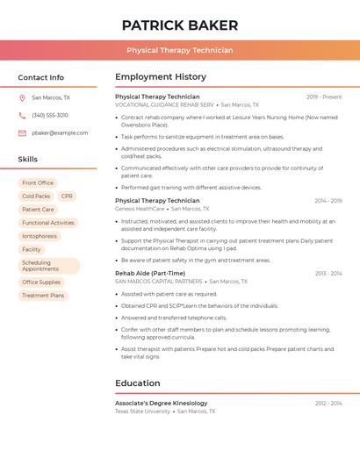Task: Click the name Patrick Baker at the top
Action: pyautogui.click(x=179, y=25)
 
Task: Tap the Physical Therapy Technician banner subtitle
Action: pyautogui.click(x=179, y=50)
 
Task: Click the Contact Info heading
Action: pyautogui.click(x=40, y=77)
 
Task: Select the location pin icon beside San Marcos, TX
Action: pyautogui.click(x=22, y=97)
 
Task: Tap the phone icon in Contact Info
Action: pyautogui.click(x=22, y=115)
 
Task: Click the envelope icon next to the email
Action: pyautogui.click(x=22, y=132)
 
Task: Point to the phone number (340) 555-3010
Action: pyautogui.click(x=50, y=115)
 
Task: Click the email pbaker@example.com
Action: pyautogui.click(x=60, y=132)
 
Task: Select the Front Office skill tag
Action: pyautogui.click(x=38, y=182)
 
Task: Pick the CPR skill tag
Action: pyautogui.click(x=67, y=196)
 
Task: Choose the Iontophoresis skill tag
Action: pyautogui.click(x=40, y=236)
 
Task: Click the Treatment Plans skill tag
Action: pyautogui.click(x=43, y=296)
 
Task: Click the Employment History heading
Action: pyautogui.click(x=160, y=77)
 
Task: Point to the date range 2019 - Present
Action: pyautogui.click(x=324, y=97)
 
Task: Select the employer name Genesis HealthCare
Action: pyautogui.click(x=140, y=209)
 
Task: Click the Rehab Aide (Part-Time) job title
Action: pyautogui.click(x=150, y=273)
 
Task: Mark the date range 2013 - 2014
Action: pyautogui.click(x=328, y=273)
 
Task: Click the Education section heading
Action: pyautogui.click(x=138, y=383)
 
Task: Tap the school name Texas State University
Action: pyautogui.click(x=142, y=411)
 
